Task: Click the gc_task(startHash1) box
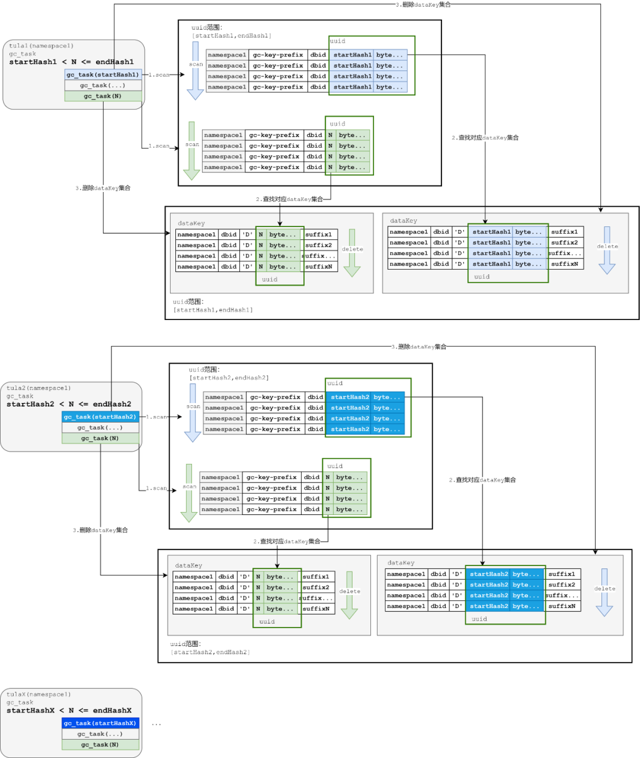pos(103,75)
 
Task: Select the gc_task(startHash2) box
pos(100,417)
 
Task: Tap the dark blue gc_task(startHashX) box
pos(100,723)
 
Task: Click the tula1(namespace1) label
pos(41,46)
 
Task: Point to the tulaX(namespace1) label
pos(39,695)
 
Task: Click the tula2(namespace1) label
pos(39,388)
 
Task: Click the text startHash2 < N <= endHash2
pos(69,404)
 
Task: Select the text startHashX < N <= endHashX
pos(69,711)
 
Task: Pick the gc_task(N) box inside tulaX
pos(100,744)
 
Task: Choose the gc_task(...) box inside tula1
pos(103,85)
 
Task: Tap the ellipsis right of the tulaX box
pos(156,724)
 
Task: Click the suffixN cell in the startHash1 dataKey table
pos(565,264)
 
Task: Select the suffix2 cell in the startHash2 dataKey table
pos(562,585)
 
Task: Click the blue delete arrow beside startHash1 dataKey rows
pos(607,251)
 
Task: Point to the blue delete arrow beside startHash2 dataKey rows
pos(604,593)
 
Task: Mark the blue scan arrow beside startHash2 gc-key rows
pos(193,413)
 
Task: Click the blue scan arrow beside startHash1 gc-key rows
pos(196,71)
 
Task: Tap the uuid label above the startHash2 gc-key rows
pos(335,383)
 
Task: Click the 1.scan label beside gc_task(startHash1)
pos(159,75)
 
